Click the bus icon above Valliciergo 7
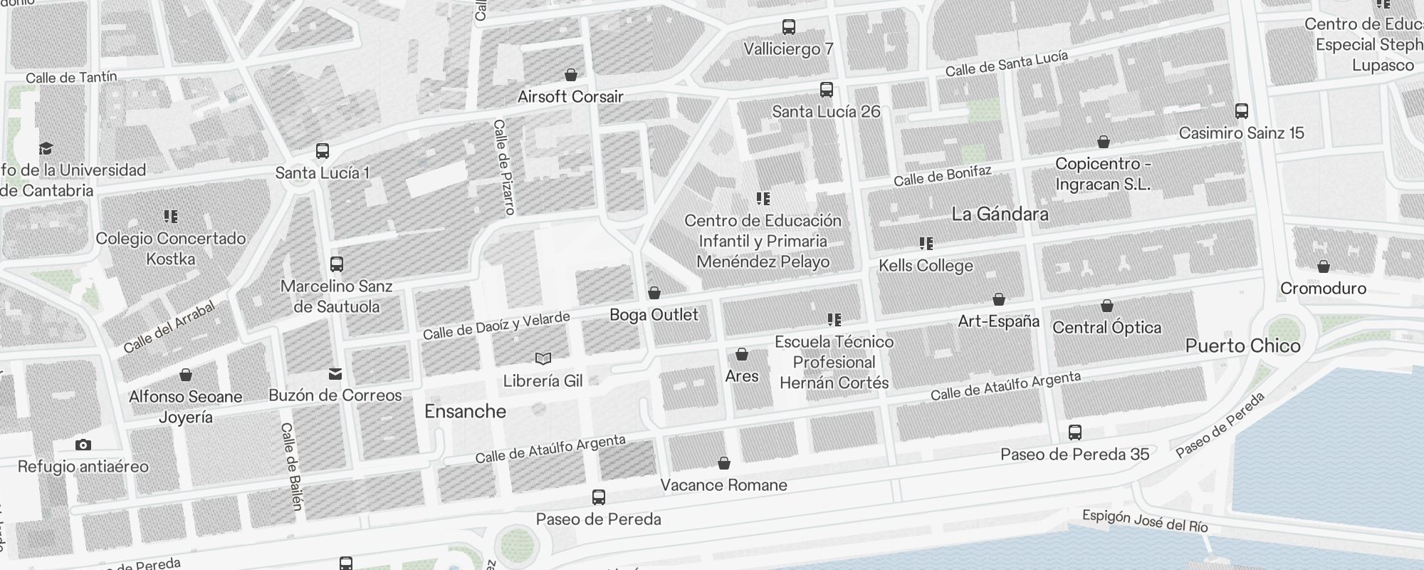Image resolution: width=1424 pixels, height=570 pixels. tap(788, 27)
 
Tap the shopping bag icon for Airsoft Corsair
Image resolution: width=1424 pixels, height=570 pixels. tap(570, 75)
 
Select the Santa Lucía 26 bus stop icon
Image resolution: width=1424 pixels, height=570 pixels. tap(826, 90)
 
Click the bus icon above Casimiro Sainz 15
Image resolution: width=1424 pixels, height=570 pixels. tap(1241, 111)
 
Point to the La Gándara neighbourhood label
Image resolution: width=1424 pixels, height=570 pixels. tap(1000, 214)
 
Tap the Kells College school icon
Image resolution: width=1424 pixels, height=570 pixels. tap(926, 244)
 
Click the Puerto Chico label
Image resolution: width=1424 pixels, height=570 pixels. tap(1242, 346)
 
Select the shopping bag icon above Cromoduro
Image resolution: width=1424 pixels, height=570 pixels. tap(1323, 266)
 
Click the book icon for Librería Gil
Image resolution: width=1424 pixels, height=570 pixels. tap(543, 358)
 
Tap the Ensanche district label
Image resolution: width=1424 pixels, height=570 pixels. tap(465, 411)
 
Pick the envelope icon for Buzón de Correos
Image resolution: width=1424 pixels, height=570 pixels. tap(335, 373)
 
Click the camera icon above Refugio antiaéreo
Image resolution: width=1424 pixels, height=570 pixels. tap(83, 445)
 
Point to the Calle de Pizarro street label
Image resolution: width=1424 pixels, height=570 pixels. tap(503, 167)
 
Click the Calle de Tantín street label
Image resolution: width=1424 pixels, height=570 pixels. tap(71, 77)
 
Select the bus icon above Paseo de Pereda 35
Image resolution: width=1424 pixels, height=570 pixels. tap(1074, 432)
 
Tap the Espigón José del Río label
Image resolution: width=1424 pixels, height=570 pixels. tap(1145, 521)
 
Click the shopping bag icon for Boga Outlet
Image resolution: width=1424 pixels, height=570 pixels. tap(654, 293)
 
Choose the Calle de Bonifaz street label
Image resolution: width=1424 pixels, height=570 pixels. tap(942, 176)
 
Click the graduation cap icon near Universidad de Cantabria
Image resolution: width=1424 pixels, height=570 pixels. tap(46, 148)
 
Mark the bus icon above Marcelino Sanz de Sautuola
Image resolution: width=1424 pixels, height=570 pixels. tap(337, 264)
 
